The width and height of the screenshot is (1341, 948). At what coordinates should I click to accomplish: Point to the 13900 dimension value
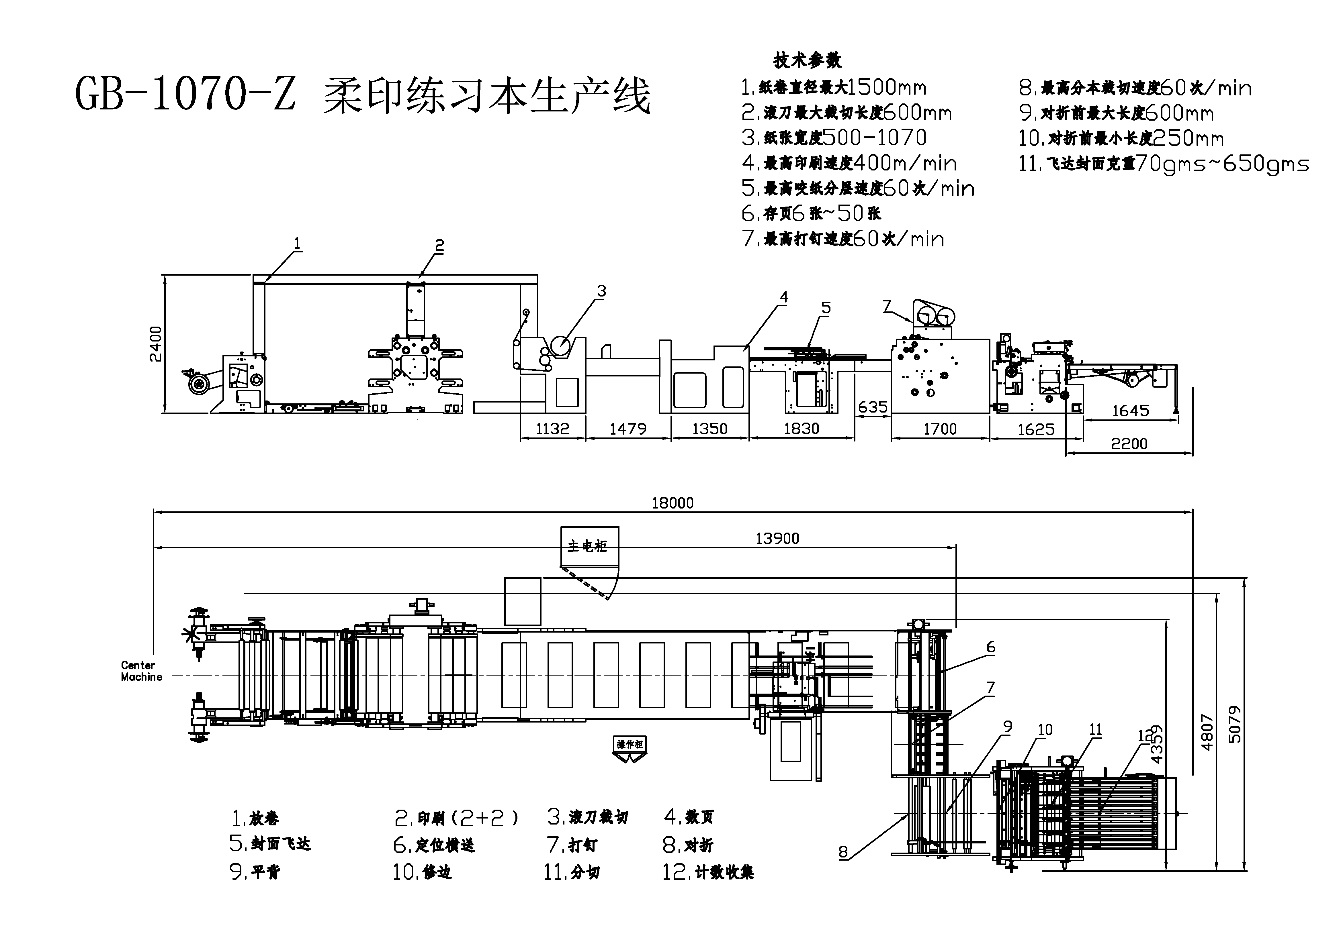pyautogui.click(x=777, y=538)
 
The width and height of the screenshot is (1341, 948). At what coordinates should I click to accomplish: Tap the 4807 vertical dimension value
pyautogui.click(x=1207, y=733)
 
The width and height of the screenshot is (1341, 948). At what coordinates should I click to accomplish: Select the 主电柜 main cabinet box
pyautogui.click(x=589, y=546)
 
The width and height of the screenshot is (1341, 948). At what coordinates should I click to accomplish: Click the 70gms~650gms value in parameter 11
pyautogui.click(x=1222, y=164)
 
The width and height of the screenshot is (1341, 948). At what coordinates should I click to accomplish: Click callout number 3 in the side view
pyautogui.click(x=602, y=291)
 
